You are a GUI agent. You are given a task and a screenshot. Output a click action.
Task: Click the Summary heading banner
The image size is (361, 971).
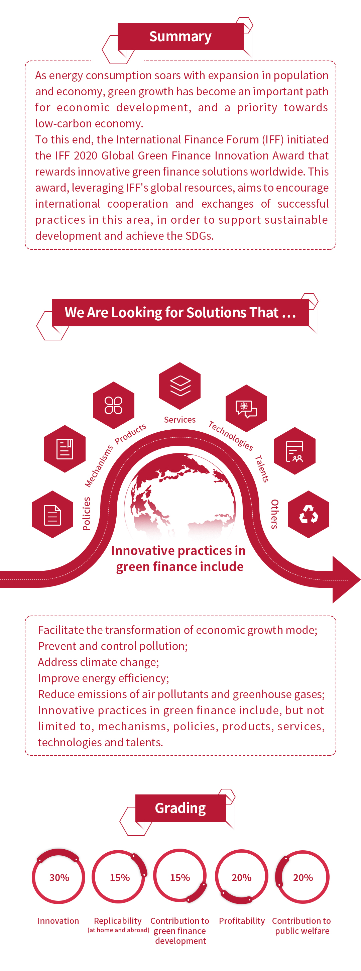tap(180, 36)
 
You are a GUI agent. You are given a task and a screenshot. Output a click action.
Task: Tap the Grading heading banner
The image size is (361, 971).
tap(180, 808)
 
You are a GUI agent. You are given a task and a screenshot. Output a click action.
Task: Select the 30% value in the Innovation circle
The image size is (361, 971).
tap(59, 877)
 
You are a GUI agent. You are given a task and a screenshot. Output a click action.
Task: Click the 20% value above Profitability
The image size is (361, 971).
tap(242, 877)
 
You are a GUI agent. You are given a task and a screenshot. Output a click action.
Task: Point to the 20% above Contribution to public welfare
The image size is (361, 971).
tap(303, 877)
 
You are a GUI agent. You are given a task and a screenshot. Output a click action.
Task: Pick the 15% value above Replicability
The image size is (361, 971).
tap(120, 877)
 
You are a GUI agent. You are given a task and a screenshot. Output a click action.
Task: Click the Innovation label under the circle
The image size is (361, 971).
tap(58, 921)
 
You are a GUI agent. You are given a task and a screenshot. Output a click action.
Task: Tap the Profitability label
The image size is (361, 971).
tap(242, 921)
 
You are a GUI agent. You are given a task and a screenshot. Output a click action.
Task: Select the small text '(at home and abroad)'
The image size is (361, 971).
tap(118, 930)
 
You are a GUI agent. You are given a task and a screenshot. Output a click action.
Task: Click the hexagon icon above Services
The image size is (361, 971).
tap(180, 386)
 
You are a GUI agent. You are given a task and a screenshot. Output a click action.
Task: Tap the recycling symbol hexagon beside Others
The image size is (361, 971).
tap(309, 514)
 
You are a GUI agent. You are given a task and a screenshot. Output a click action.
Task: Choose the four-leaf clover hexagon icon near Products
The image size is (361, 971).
tap(113, 405)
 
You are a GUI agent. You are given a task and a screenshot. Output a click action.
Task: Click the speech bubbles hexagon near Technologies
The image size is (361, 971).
tap(246, 408)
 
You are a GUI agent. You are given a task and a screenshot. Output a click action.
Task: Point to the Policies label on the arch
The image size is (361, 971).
tap(86, 514)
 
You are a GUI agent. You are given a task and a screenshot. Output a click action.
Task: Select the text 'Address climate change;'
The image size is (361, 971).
tap(98, 662)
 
